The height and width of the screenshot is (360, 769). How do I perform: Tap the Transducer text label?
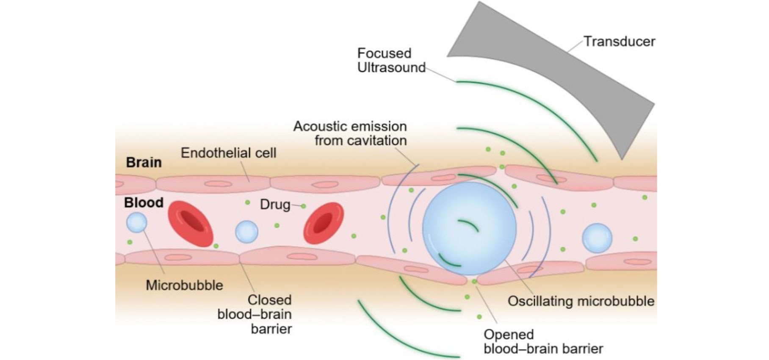[619, 42]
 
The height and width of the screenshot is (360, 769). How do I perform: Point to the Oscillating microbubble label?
[581, 301]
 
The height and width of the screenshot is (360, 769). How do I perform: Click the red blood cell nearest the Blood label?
[191, 223]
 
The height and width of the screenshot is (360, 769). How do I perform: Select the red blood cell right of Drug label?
[324, 223]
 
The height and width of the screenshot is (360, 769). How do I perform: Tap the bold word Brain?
[144, 162]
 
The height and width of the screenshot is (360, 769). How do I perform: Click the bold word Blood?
[144, 202]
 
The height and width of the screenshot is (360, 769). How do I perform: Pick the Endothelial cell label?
[228, 153]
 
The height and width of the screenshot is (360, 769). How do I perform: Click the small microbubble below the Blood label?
[137, 222]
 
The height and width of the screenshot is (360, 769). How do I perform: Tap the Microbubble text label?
[184, 285]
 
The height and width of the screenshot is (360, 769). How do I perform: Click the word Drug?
[275, 205]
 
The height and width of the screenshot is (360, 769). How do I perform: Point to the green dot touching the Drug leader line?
[303, 206]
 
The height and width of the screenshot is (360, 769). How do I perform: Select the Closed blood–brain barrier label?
[258, 314]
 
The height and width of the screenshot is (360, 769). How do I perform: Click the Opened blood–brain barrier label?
[543, 341]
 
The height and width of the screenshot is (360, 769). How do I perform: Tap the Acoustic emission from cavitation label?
[351, 133]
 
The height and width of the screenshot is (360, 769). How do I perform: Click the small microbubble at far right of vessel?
[597, 238]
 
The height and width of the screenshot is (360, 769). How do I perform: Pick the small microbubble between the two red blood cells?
[246, 232]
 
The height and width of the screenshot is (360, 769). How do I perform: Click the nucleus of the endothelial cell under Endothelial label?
[219, 184]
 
